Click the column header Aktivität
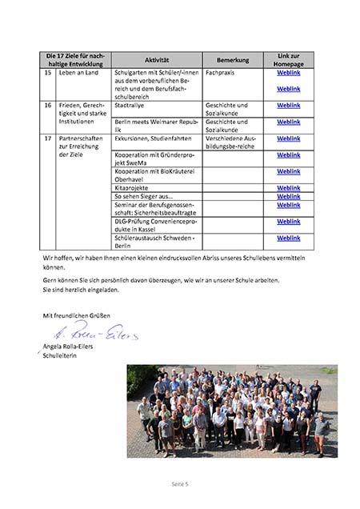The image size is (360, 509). click(x=157, y=60)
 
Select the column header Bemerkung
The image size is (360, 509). click(x=233, y=60)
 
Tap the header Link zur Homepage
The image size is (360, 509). click(x=288, y=60)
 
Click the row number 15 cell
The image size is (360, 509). click(x=49, y=73)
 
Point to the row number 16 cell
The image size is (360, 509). click(x=49, y=105)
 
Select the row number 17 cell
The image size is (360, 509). click(x=49, y=138)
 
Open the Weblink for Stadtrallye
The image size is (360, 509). click(x=288, y=105)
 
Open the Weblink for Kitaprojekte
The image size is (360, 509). click(x=288, y=187)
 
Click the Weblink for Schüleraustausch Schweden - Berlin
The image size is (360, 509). click(x=288, y=238)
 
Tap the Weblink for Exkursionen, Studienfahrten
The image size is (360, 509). click(x=288, y=138)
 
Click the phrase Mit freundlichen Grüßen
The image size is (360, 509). click(x=77, y=315)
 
